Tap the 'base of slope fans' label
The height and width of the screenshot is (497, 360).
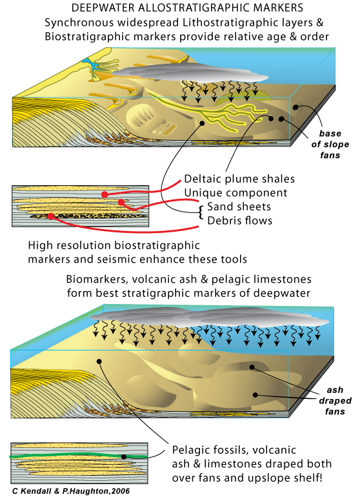(330, 144)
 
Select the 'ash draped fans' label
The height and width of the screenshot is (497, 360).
(335, 401)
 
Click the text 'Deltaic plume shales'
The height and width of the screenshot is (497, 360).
(239, 179)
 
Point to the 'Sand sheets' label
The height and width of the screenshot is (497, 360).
(239, 207)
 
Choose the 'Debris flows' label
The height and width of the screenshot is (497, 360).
(239, 221)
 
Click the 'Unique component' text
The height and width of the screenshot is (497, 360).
(235, 193)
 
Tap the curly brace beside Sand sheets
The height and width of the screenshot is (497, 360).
(201, 212)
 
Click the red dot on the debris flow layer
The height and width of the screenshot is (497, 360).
(51, 216)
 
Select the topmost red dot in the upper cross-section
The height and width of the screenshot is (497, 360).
(105, 194)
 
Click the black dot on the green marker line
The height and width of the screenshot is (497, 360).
(124, 457)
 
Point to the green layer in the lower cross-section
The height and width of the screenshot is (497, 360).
(79, 456)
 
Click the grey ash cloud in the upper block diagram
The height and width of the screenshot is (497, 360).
(190, 74)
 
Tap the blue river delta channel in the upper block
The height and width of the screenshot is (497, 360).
(92, 66)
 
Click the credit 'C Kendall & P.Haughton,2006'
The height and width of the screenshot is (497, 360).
(71, 491)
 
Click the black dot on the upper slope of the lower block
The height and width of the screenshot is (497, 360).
(99, 361)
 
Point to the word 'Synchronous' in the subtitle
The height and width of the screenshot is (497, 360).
(79, 23)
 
